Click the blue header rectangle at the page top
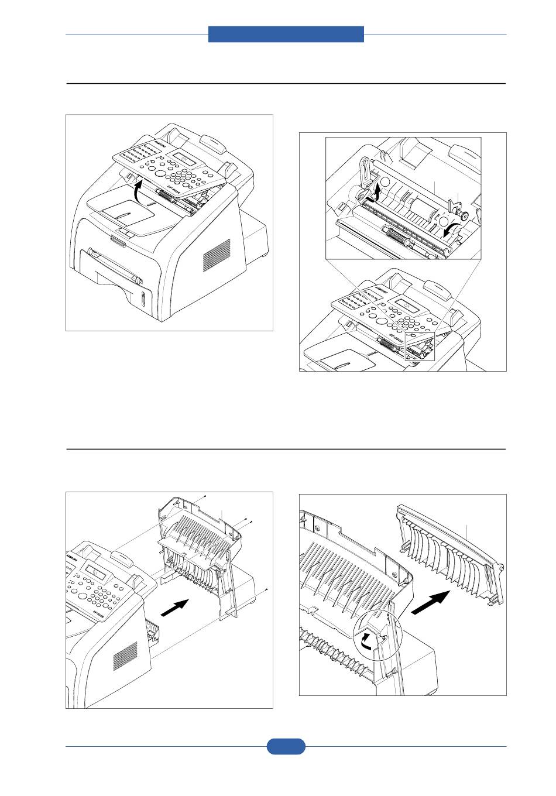tap(286, 34)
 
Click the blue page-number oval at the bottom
tap(286, 746)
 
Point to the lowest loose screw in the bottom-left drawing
tap(266, 589)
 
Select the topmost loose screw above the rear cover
tap(206, 496)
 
